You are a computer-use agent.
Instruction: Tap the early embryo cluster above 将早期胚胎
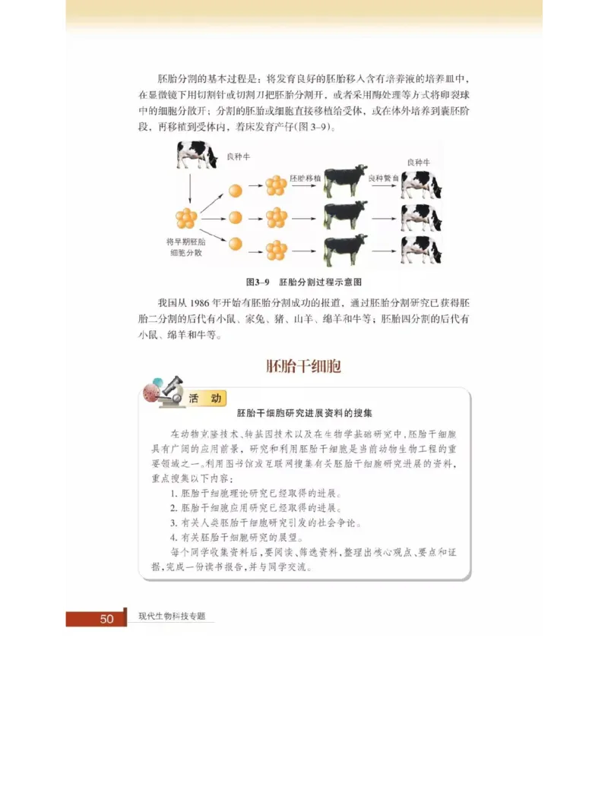click(x=186, y=218)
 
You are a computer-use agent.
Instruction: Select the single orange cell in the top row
click(x=236, y=189)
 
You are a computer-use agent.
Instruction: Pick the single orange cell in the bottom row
click(x=236, y=244)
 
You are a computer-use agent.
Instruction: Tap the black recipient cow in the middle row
click(x=345, y=216)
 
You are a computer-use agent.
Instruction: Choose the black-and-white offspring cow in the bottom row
click(x=421, y=248)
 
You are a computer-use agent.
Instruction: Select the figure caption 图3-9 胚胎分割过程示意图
click(x=303, y=281)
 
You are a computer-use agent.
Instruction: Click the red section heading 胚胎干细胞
click(x=303, y=366)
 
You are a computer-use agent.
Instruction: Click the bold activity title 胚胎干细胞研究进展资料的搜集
click(x=304, y=414)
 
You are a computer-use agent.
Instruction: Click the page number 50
click(x=106, y=619)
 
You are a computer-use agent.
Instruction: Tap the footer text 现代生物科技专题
click(x=172, y=617)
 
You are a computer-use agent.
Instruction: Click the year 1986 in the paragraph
click(x=200, y=301)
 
